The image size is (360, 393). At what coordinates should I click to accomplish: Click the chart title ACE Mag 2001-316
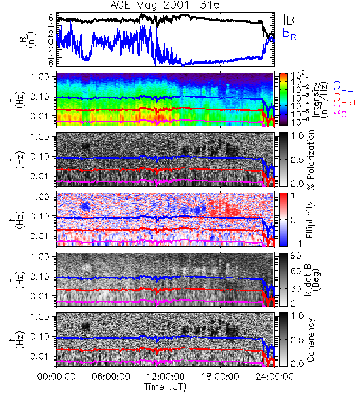click(165, 5)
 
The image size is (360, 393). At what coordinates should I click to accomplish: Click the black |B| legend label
click(291, 20)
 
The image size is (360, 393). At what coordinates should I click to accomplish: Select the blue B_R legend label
click(289, 33)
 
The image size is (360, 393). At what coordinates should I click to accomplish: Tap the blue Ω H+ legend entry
click(343, 88)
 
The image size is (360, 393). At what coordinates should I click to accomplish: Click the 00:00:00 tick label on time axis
click(56, 377)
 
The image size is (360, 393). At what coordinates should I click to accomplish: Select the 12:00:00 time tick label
click(166, 377)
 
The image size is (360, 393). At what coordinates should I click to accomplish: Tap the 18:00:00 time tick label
click(220, 377)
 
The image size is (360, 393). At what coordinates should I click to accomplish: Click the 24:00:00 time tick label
click(274, 377)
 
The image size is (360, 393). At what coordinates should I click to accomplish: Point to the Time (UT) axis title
click(166, 386)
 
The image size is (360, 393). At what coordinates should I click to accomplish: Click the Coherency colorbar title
click(310, 340)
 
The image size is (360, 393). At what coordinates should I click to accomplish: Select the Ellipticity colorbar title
click(310, 220)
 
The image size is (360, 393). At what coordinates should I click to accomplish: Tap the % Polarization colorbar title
click(310, 160)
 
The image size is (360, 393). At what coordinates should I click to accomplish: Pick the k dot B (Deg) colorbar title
click(313, 279)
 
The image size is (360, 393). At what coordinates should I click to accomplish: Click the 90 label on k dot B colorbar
click(296, 256)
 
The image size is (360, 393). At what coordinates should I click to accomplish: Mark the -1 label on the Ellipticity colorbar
click(296, 244)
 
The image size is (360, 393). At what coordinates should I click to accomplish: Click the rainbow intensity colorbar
click(283, 100)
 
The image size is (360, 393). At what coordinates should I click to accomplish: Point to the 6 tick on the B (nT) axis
click(51, 18)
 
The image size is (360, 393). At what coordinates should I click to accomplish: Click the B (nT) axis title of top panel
click(28, 39)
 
